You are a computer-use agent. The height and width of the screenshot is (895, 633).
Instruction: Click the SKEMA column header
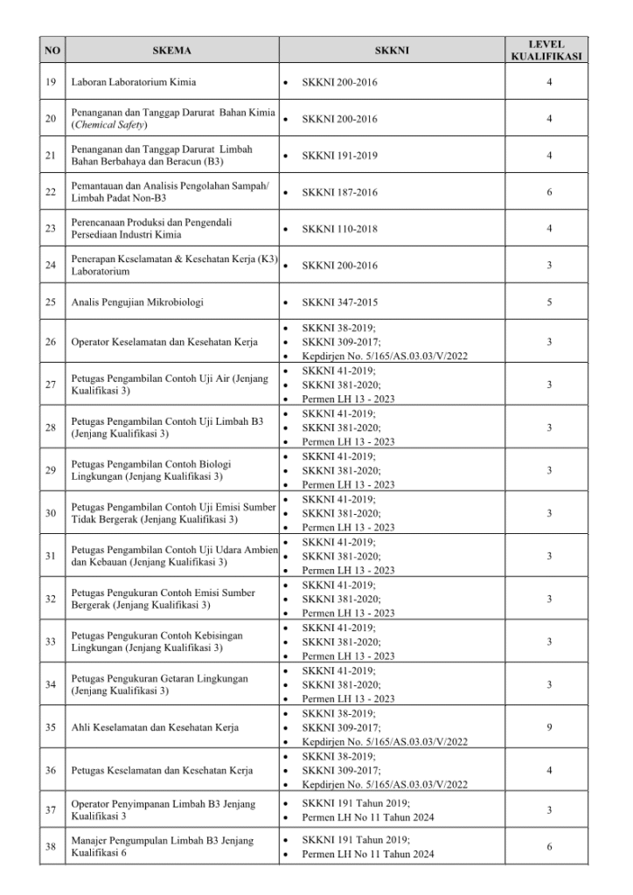pyautogui.click(x=171, y=51)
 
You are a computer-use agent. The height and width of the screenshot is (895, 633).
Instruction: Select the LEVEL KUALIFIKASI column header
pyautogui.click(x=547, y=51)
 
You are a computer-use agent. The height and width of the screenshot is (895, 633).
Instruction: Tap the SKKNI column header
pyautogui.click(x=391, y=51)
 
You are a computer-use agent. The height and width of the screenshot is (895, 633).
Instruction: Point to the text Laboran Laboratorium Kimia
pyautogui.click(x=134, y=83)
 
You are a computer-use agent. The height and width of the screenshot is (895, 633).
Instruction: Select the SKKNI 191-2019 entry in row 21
pyautogui.click(x=340, y=155)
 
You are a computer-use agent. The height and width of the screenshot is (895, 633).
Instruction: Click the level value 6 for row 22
pyautogui.click(x=548, y=191)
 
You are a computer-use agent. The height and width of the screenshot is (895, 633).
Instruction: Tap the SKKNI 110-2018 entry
pyautogui.click(x=340, y=228)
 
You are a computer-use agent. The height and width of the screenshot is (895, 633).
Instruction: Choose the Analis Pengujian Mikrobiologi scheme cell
pyautogui.click(x=137, y=302)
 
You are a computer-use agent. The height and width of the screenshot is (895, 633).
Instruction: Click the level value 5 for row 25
pyautogui.click(x=548, y=302)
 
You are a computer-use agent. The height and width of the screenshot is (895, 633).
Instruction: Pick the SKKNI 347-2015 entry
pyautogui.click(x=340, y=302)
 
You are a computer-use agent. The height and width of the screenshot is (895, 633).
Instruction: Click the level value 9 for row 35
pyautogui.click(x=548, y=727)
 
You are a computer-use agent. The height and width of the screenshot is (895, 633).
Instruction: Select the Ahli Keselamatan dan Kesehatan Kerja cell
pyautogui.click(x=156, y=727)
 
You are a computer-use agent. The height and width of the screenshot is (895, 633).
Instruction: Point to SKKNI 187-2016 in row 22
pyautogui.click(x=340, y=191)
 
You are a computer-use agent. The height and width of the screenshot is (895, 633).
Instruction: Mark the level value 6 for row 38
pyautogui.click(x=548, y=847)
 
